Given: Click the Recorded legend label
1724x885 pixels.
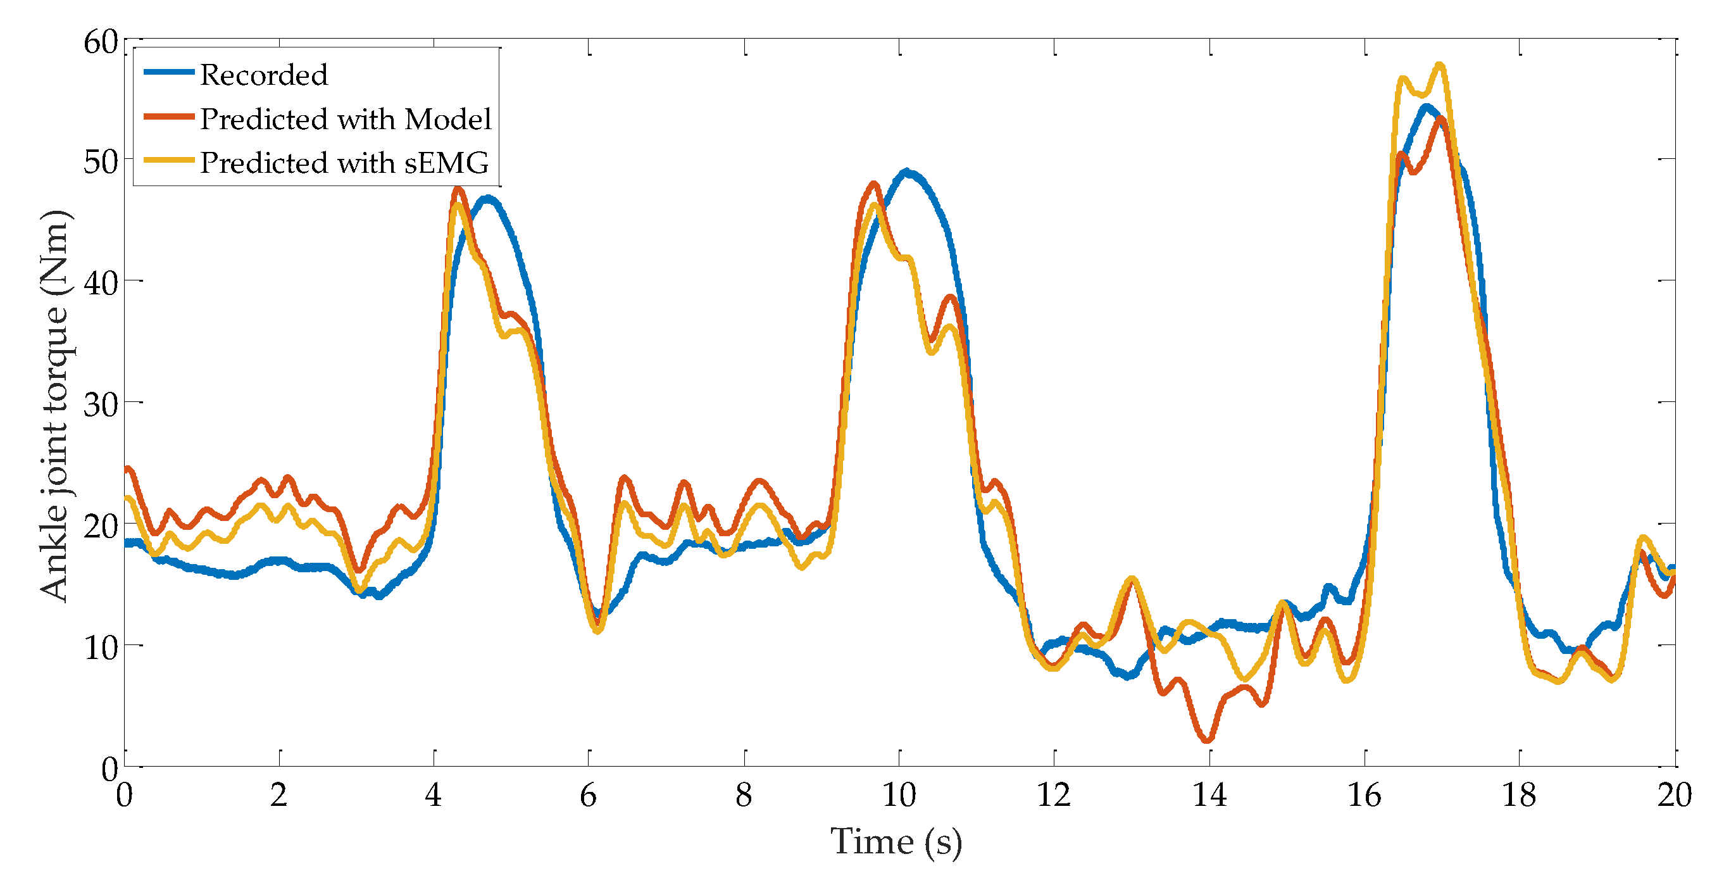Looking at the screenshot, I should (x=264, y=75).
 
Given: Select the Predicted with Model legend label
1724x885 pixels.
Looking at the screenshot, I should (x=346, y=119).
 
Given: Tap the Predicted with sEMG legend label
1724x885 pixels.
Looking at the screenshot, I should (x=344, y=163).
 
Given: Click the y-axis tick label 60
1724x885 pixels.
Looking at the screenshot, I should (x=101, y=43).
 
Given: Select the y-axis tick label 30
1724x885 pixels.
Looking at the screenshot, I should (x=101, y=405).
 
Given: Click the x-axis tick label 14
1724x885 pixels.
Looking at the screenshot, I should (x=1209, y=795).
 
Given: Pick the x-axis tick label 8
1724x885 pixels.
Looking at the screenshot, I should (x=744, y=795).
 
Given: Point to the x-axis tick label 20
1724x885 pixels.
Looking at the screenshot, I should (x=1675, y=795).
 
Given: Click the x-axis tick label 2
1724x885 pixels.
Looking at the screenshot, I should (x=278, y=795).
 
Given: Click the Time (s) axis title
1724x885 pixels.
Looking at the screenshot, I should (x=896, y=842).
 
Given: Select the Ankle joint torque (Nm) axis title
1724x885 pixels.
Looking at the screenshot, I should (x=55, y=406).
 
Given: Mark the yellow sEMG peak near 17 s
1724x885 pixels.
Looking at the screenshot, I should (x=1440, y=66).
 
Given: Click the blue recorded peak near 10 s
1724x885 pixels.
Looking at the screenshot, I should (x=906, y=172).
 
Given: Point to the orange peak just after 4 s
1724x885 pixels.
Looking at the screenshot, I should (x=458, y=189).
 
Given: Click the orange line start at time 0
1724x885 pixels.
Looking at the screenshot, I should (x=127, y=468).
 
